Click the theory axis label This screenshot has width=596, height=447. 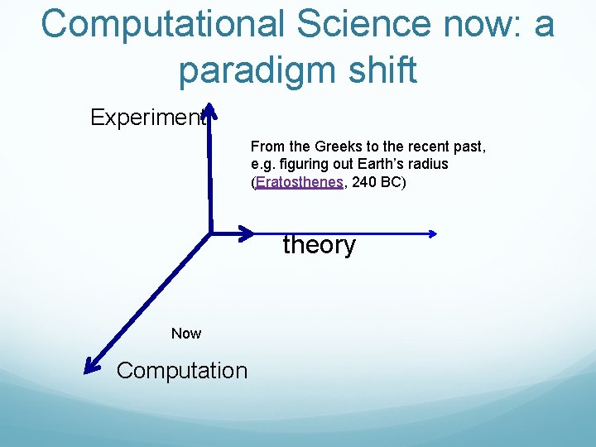pos(319,245)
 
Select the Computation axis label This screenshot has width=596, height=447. pos(182,371)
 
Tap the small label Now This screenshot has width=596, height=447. pos(185,334)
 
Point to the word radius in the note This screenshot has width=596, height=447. pos(427,164)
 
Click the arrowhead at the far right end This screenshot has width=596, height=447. pos(431,233)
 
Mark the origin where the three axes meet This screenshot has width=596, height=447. pos(210,232)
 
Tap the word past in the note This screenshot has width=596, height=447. pos(469,147)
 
